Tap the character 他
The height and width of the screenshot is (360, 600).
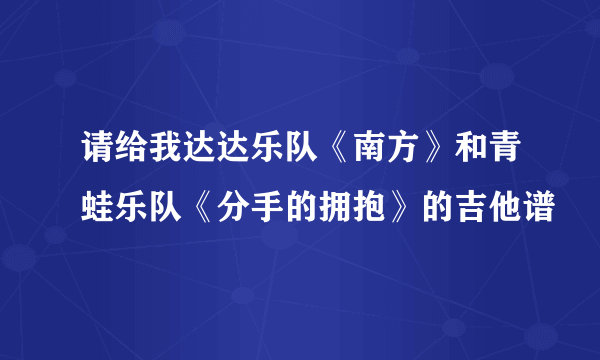499,206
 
